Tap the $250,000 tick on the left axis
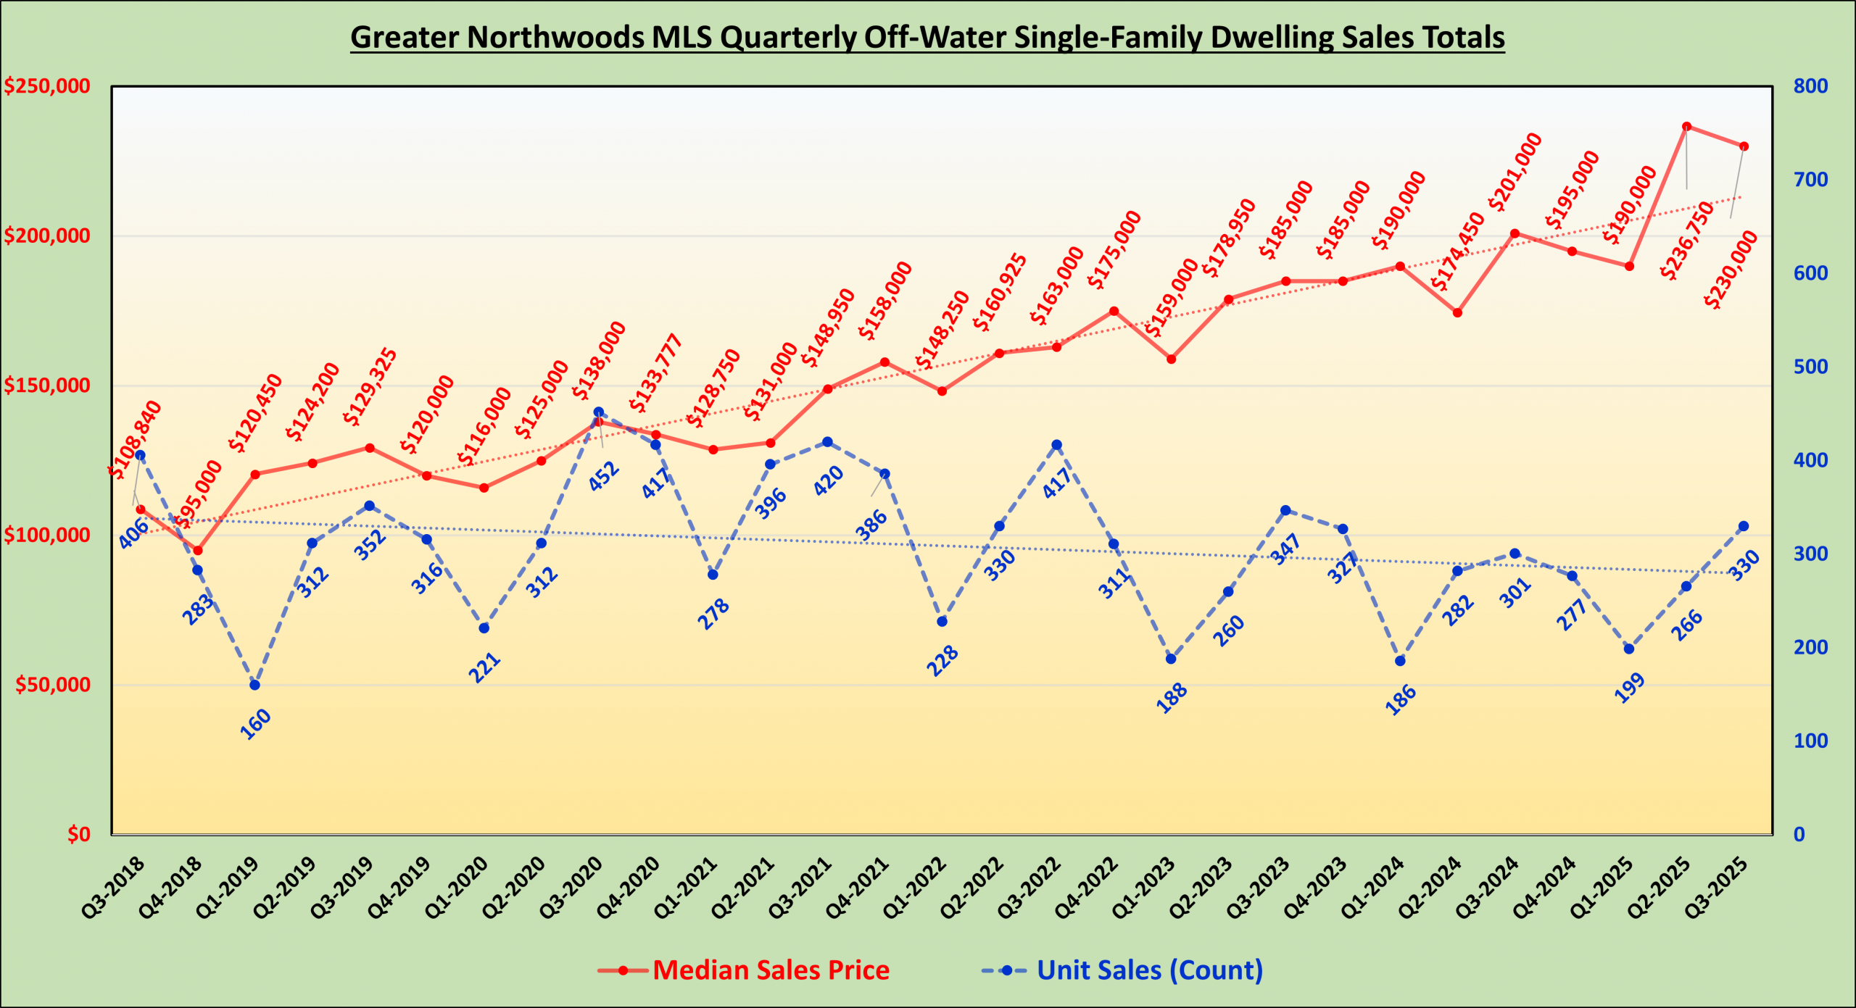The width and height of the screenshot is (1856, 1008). (x=48, y=86)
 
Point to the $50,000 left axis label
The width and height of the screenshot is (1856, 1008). (x=53, y=685)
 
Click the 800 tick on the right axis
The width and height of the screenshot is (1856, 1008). (x=1810, y=86)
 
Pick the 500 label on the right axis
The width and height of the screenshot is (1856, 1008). (x=1810, y=367)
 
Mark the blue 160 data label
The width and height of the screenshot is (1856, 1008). (x=255, y=724)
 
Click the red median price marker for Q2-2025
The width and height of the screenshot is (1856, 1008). (x=1686, y=127)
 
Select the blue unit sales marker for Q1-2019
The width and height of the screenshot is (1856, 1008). (x=255, y=685)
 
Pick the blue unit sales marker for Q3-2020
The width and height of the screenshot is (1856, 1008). (x=599, y=412)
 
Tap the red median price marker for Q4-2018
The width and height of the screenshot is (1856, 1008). (x=198, y=551)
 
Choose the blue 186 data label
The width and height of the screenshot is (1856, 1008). (x=1401, y=699)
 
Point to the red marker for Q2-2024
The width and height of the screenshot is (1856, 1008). (x=1457, y=313)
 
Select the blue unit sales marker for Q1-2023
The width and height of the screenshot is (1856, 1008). (x=1171, y=659)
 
